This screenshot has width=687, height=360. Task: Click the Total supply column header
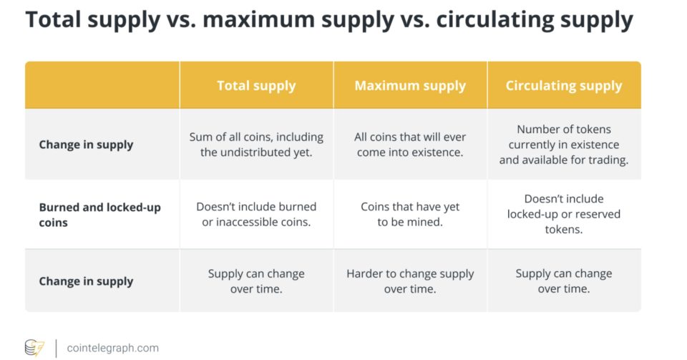tap(256, 85)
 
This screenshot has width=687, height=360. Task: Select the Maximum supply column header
tap(410, 85)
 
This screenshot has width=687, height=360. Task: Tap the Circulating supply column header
tap(564, 85)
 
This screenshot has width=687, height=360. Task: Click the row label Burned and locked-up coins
tap(100, 215)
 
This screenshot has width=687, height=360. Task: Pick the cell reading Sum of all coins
tap(256, 145)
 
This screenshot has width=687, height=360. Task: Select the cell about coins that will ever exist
tap(410, 145)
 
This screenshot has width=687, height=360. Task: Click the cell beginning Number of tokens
tap(564, 145)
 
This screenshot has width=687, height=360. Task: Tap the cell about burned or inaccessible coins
tap(256, 214)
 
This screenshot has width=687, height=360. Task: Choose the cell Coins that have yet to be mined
tap(410, 214)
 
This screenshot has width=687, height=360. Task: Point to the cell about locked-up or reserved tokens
tap(564, 214)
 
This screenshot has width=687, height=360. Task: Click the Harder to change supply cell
tap(410, 281)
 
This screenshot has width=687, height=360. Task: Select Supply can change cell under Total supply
tap(256, 281)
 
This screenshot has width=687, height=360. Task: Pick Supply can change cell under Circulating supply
tap(564, 281)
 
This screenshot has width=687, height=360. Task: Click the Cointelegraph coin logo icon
tap(34, 348)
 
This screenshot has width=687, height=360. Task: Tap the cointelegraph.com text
tap(112, 348)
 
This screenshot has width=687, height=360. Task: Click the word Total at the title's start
tap(53, 20)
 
